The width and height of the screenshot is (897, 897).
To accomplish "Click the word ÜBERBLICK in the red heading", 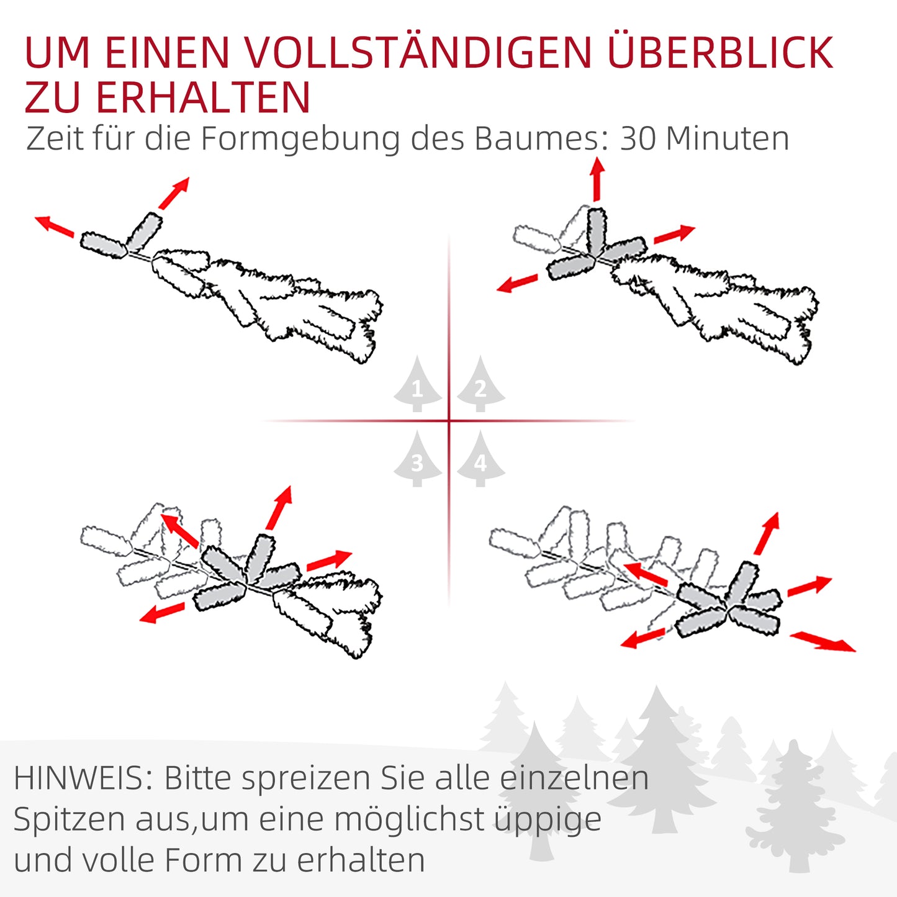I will (720, 53).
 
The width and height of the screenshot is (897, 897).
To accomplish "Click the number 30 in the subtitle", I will (638, 138).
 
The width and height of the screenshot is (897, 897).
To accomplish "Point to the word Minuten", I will (727, 138).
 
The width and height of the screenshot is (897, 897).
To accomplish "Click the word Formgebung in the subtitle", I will (300, 140).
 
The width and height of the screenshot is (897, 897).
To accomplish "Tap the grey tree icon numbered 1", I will (417, 386).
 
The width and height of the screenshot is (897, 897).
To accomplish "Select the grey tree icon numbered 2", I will (480, 386).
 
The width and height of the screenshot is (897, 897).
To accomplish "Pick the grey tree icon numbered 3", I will (417, 460).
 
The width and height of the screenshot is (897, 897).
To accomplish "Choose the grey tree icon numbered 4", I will (480, 460).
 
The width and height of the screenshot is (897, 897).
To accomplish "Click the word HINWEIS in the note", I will (82, 778).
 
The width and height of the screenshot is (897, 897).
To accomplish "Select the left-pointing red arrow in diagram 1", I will (55, 225).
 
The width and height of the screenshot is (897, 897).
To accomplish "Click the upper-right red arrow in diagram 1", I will (174, 193).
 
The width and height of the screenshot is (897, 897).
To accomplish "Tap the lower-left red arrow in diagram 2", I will (518, 283).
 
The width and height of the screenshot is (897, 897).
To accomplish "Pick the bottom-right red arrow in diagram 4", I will (823, 641).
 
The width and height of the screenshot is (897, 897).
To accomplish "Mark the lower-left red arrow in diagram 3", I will (162, 612).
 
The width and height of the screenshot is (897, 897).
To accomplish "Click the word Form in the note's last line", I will (203, 860).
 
